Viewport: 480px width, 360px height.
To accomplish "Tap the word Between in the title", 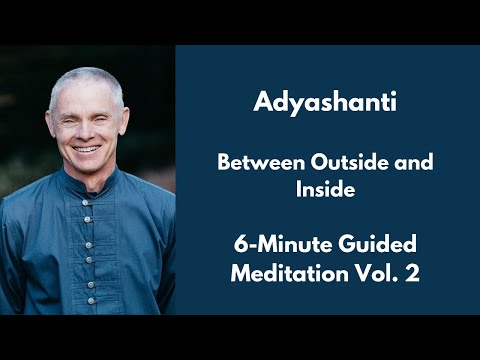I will click(x=253, y=164).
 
